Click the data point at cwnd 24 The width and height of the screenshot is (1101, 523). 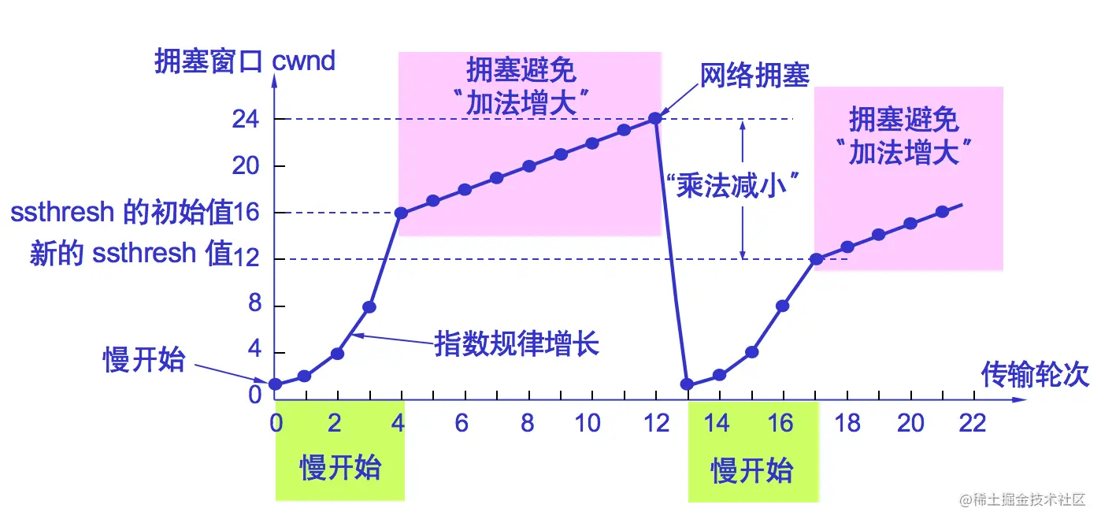coord(654,119)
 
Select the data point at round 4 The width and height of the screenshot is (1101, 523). coord(401,213)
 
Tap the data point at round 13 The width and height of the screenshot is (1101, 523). coord(687,384)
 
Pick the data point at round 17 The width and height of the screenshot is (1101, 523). coord(817,259)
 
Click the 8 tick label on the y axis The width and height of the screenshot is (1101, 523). coord(254,306)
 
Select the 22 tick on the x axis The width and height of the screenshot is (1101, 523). coord(973,423)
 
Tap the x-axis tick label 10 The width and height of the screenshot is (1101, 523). coord(588,423)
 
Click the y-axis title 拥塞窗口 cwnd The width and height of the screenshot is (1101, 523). coord(245,61)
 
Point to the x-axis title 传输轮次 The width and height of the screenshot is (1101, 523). coord(1035,375)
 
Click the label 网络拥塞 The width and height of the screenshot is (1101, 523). coord(754,75)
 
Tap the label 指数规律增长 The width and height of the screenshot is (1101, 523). coord(517,344)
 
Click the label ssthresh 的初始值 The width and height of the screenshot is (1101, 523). coord(122,213)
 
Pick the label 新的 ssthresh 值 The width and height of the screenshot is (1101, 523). coord(131,254)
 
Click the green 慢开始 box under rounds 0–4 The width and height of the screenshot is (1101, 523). coord(340,468)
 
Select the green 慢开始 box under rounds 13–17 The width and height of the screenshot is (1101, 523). coord(752,470)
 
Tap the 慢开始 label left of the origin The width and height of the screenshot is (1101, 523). coord(144,360)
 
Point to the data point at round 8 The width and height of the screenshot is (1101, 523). coord(529,166)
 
